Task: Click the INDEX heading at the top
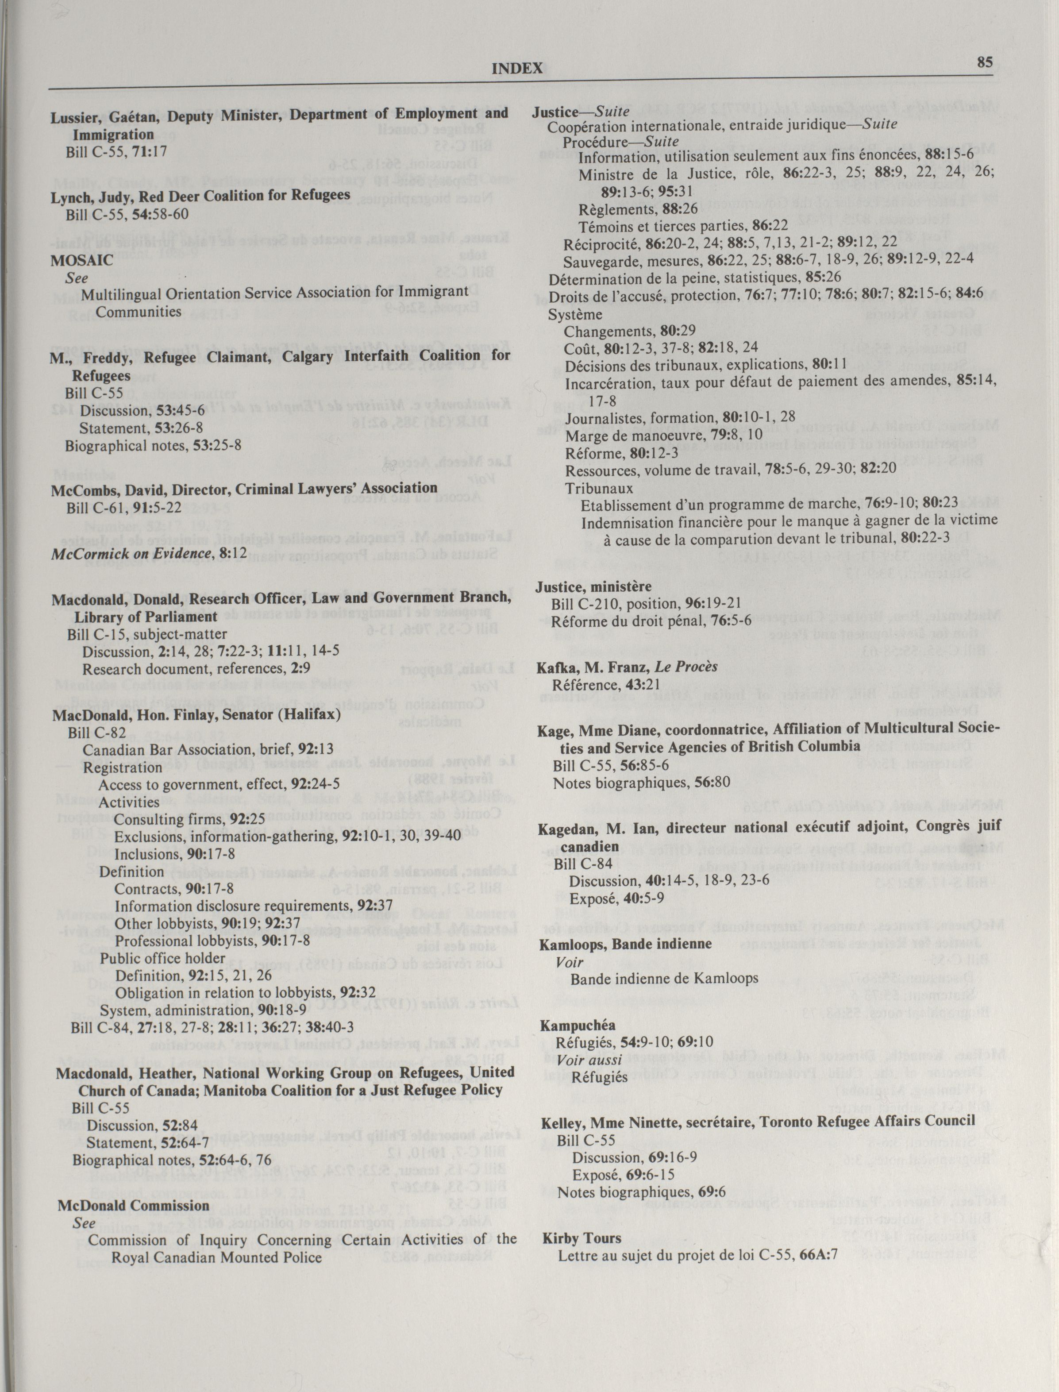pyautogui.click(x=517, y=69)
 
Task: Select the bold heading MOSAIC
pyautogui.click(x=82, y=260)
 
